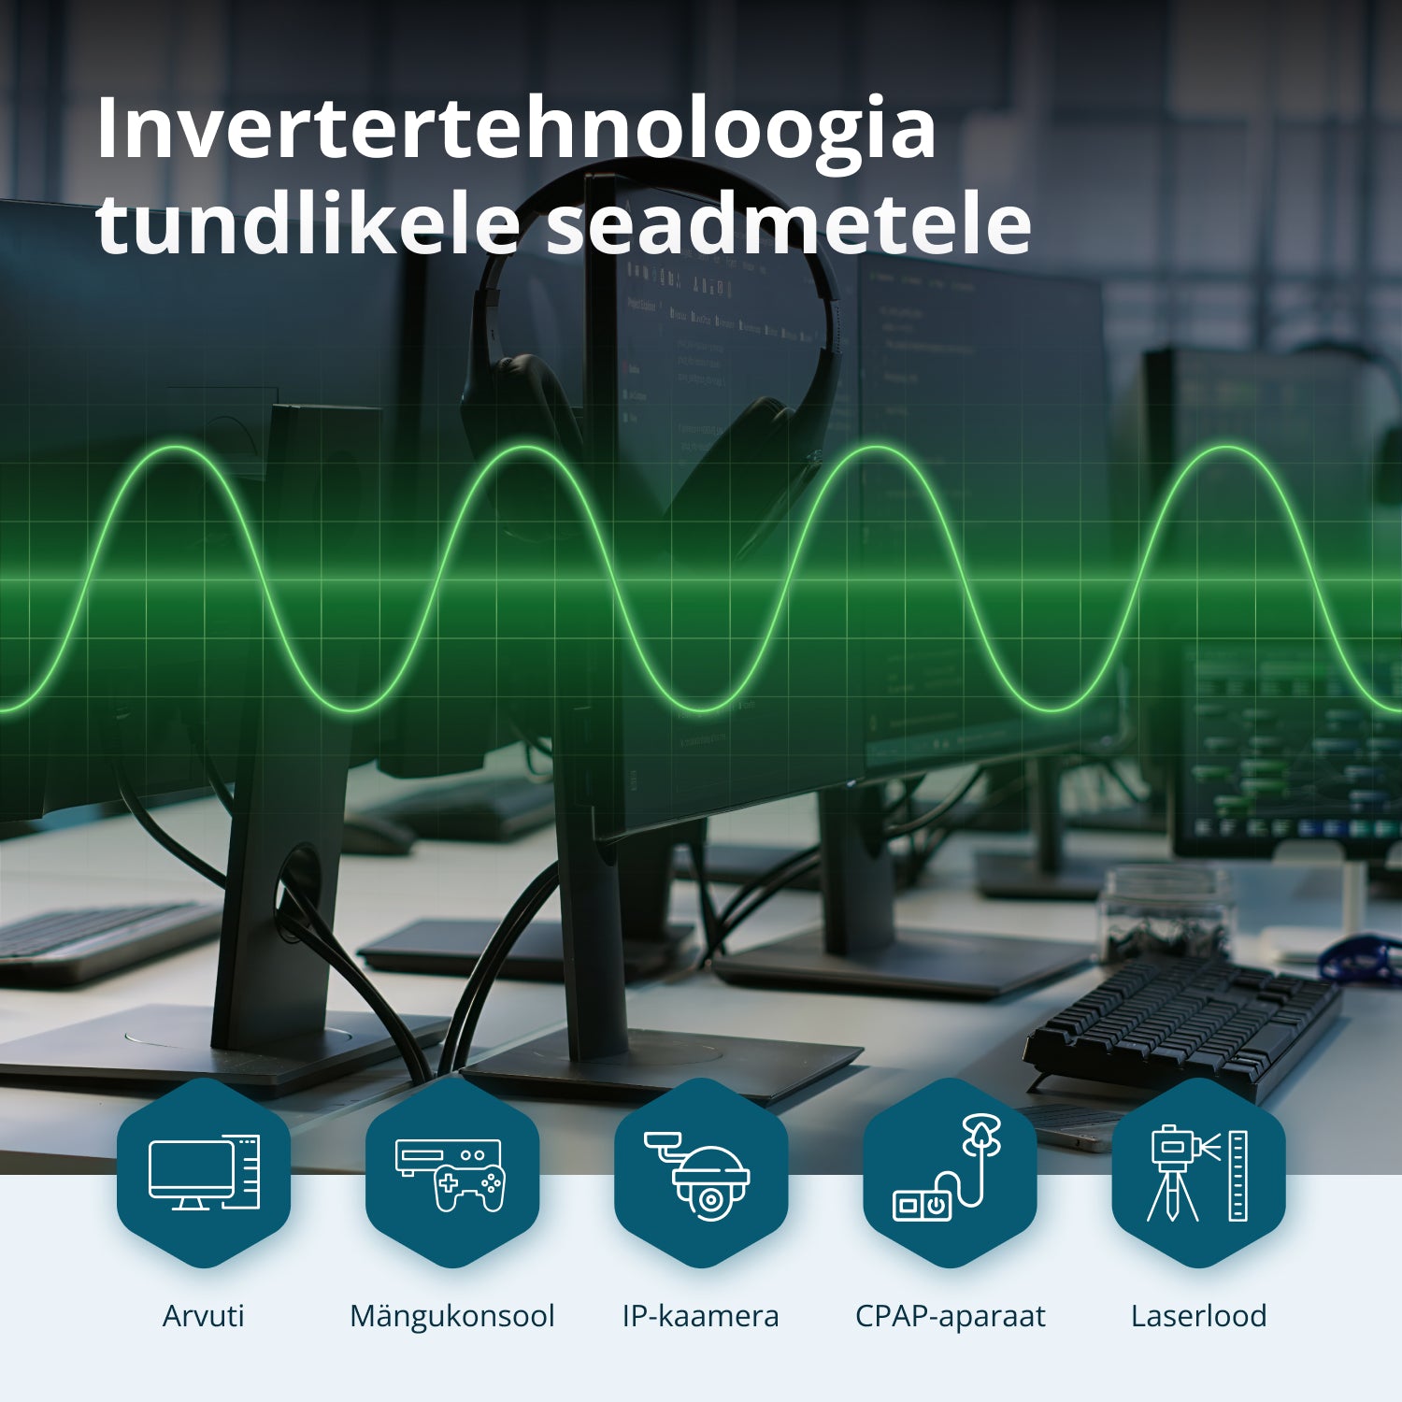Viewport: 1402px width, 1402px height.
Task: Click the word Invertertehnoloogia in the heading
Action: [515, 129]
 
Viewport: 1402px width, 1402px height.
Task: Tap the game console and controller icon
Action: [452, 1174]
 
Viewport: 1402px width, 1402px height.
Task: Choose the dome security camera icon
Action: [701, 1174]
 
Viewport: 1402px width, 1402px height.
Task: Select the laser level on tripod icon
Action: [1198, 1174]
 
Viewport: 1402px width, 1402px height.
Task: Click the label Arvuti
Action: [203, 1316]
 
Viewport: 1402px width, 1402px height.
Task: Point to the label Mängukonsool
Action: [452, 1316]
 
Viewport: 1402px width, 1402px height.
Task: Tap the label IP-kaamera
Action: [701, 1316]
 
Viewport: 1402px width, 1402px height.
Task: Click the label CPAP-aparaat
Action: [950, 1316]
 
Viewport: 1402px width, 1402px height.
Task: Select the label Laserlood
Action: [1198, 1316]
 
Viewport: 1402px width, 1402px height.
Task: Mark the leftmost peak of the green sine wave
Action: [174, 449]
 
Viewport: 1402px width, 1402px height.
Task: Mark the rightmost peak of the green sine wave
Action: [1224, 449]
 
